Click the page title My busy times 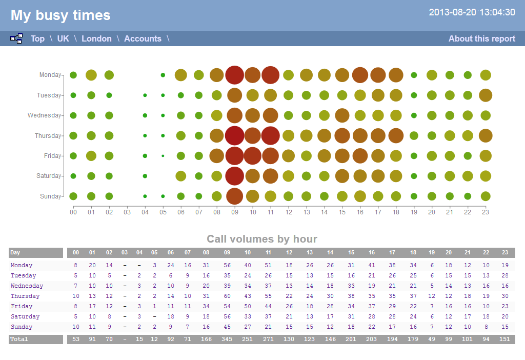(60, 15)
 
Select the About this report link (481, 38)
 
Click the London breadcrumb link (96, 38)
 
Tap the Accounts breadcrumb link (143, 38)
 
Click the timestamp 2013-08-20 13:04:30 (472, 12)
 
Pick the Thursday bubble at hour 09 (234, 135)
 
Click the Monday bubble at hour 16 (360, 75)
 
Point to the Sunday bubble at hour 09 (234, 196)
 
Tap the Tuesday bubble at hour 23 (486, 95)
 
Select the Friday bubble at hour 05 (163, 155)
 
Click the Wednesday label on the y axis (44, 115)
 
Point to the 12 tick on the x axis (288, 212)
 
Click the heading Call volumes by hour (262, 239)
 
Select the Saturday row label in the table (22, 316)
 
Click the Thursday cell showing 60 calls (227, 296)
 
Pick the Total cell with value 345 (227, 339)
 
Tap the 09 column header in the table (227, 252)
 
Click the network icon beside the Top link (16, 38)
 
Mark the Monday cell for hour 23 (505, 265)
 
